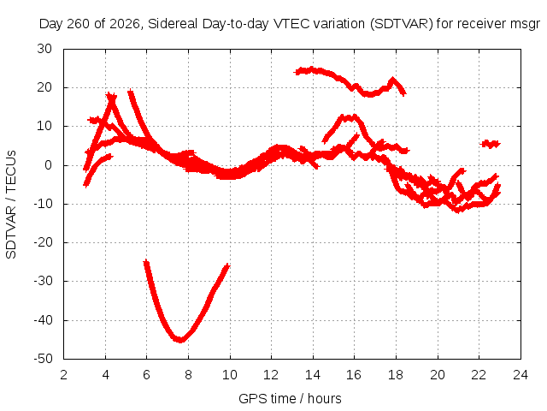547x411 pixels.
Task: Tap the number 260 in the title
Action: (x=79, y=24)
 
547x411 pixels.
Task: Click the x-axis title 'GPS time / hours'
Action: (x=290, y=398)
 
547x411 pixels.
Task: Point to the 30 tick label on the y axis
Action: (x=44, y=49)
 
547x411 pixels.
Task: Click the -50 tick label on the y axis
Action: (x=43, y=359)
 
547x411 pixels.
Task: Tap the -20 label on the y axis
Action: (x=43, y=242)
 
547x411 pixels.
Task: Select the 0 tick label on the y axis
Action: (x=48, y=165)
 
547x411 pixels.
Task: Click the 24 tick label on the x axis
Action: (x=521, y=375)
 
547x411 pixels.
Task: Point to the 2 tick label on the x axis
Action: (x=63, y=375)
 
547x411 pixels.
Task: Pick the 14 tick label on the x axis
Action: (x=313, y=375)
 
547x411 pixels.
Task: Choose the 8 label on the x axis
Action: (x=188, y=375)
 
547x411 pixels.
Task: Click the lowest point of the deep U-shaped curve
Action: (x=180, y=339)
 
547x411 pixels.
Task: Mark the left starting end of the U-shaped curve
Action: (x=146, y=262)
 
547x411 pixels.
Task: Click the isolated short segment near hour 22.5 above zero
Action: (x=490, y=144)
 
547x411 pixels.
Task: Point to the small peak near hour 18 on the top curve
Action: (x=393, y=80)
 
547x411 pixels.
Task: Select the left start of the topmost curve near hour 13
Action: (x=297, y=72)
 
